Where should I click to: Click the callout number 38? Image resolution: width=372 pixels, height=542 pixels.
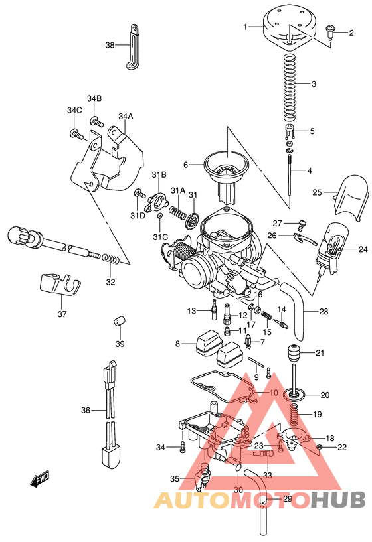(x=110, y=45)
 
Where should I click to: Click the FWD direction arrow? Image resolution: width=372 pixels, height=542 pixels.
(x=39, y=479)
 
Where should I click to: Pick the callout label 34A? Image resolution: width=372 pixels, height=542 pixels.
(x=126, y=117)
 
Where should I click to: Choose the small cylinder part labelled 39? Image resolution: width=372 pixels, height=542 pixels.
(x=120, y=322)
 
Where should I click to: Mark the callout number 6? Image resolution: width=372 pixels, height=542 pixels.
(x=187, y=164)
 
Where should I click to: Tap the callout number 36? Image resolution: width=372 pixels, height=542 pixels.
(x=86, y=411)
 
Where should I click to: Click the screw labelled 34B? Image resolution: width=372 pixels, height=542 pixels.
(x=98, y=122)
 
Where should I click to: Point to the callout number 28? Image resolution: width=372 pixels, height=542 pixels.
(x=324, y=312)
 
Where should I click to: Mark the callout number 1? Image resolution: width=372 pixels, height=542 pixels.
(x=246, y=27)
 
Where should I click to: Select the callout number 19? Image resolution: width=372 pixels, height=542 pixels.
(x=318, y=414)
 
